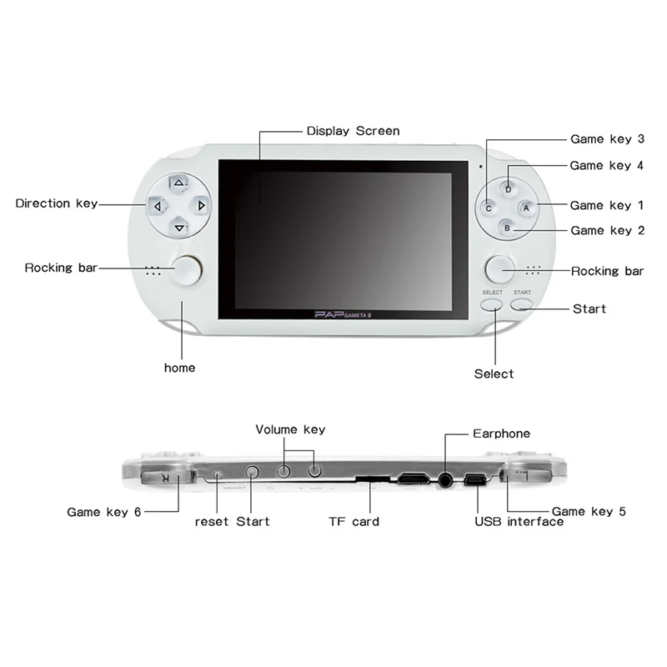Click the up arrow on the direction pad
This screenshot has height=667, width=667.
(178, 183)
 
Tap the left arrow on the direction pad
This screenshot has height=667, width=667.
(157, 206)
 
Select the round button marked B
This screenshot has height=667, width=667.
(507, 228)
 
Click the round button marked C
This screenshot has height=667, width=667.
(489, 208)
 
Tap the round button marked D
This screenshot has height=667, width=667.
(508, 189)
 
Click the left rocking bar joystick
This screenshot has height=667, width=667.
(188, 269)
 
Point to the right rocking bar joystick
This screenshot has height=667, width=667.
(499, 269)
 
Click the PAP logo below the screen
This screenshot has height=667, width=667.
(343, 315)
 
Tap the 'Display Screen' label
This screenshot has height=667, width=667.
(353, 131)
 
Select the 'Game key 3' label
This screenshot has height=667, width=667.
(607, 139)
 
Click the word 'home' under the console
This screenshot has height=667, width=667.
(179, 368)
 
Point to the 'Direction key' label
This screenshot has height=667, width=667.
(57, 203)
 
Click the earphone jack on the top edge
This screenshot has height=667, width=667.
(445, 480)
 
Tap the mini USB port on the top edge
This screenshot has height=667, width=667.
(476, 480)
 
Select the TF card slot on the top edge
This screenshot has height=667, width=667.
(373, 479)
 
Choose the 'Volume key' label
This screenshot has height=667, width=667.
(290, 429)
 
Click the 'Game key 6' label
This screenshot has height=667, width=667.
(103, 512)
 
